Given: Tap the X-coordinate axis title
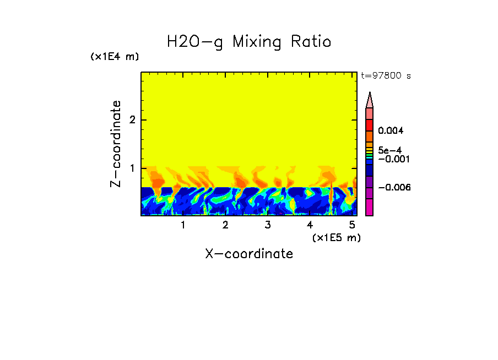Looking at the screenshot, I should coord(249,254).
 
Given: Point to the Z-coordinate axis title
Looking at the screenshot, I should coord(116,144).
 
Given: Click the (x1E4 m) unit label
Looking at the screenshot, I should coord(115,57).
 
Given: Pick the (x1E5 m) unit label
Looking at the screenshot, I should coord(337,237).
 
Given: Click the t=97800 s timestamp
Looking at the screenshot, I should coord(386,76).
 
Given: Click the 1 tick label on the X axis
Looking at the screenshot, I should coord(183,225).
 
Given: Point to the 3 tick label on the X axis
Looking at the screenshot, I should coord(267,225).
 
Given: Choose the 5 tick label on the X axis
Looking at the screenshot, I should coord(352,225).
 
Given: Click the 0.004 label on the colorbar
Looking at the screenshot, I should coord(391,131).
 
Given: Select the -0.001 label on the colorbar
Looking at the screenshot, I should coord(392,159).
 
